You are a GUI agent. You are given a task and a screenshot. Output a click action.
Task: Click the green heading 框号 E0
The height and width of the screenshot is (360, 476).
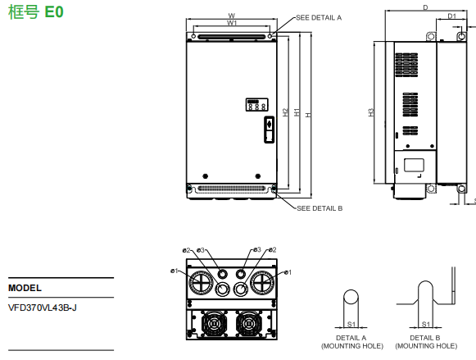coord(34,13)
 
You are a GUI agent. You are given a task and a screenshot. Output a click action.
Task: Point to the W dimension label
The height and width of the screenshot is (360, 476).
coord(232,16)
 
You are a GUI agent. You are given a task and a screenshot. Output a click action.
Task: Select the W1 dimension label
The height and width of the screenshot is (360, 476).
coord(232,24)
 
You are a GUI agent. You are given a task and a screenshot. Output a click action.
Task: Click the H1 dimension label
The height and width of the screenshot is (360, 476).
coord(296,112)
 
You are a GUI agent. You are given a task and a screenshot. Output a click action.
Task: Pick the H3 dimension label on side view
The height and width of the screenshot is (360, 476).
coord(371,112)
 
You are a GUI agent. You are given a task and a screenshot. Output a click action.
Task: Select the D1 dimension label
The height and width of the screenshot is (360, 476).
coord(451,16)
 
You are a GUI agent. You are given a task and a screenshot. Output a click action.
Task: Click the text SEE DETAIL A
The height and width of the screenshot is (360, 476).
coord(319,16)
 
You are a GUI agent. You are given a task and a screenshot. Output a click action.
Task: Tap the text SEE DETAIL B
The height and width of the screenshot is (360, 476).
coord(320,208)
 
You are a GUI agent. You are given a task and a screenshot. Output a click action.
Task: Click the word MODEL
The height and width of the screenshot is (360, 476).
coord(25,289)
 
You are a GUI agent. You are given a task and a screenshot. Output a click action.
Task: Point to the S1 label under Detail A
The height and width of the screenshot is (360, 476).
coord(350,323)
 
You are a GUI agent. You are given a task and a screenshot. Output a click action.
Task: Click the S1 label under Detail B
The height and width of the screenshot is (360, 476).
coord(424,323)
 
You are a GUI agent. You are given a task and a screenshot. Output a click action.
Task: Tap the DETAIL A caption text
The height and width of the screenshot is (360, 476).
coord(351,338)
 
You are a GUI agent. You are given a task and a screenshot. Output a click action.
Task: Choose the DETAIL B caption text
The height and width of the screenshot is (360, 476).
coord(424,338)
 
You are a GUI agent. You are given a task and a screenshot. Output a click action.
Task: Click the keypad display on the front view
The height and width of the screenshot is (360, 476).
coord(254,104)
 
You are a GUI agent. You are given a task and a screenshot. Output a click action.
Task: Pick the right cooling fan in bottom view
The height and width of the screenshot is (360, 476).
coord(250,322)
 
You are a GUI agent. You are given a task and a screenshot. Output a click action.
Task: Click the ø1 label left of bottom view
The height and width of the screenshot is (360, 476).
coord(175,271)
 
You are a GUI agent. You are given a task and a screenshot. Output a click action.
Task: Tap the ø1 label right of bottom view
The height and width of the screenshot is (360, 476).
coord(288,271)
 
